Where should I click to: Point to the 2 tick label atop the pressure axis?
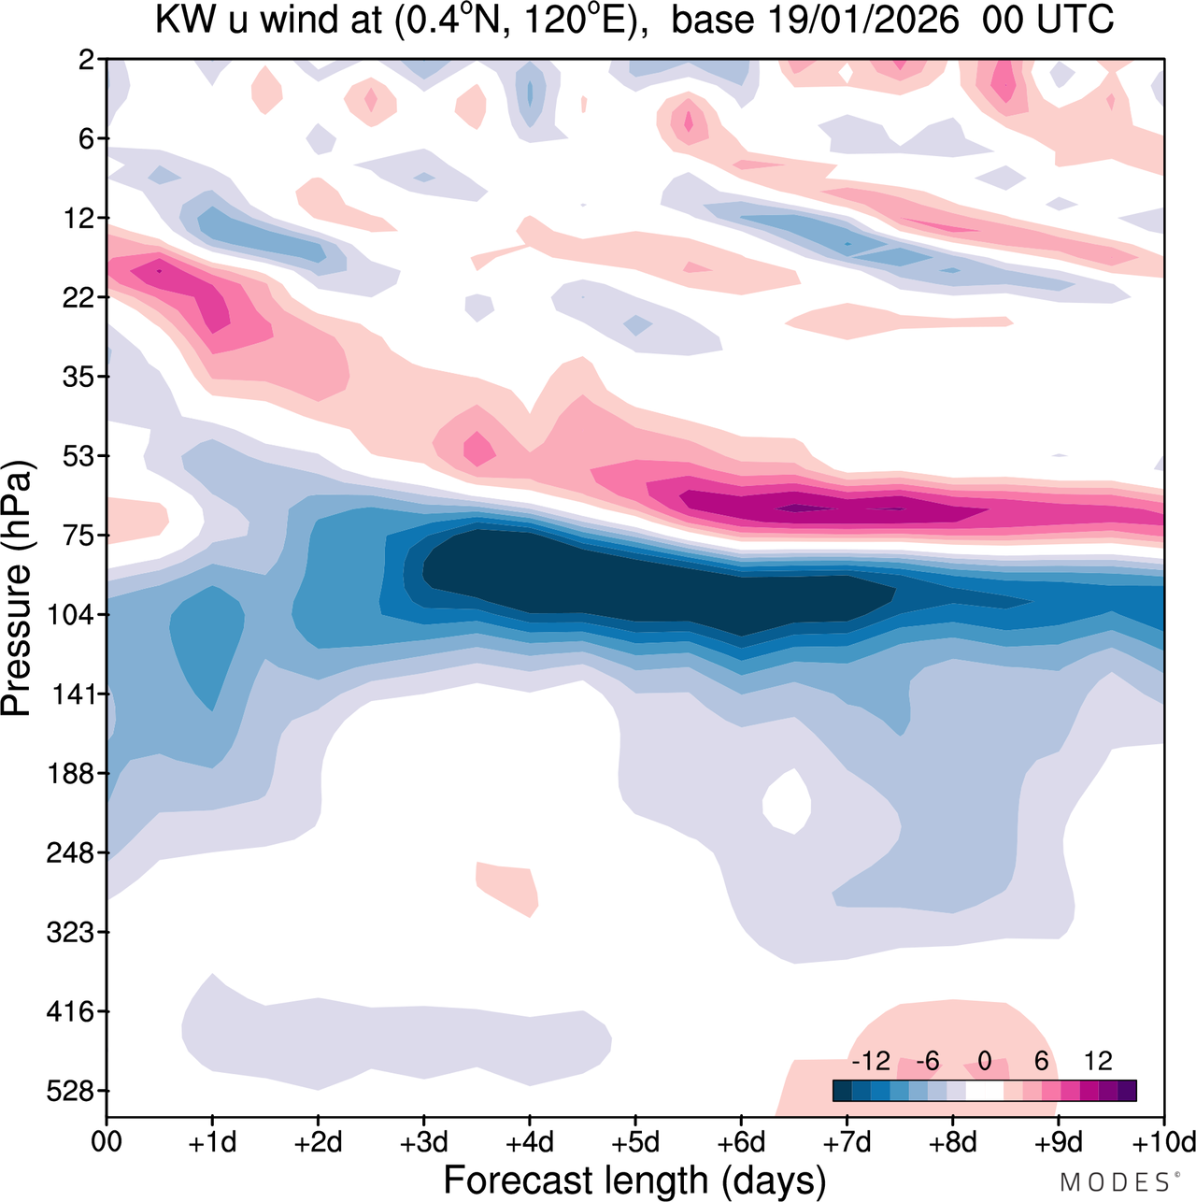point(87,60)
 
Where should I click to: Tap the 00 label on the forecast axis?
point(107,1142)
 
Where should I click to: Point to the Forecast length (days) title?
point(634,1180)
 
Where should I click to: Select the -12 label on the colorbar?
point(871,1061)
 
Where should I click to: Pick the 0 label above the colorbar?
point(985,1061)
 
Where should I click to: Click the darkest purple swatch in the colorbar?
point(1127,1090)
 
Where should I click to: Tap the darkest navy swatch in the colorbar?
point(843,1090)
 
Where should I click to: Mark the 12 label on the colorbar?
point(1099,1061)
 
